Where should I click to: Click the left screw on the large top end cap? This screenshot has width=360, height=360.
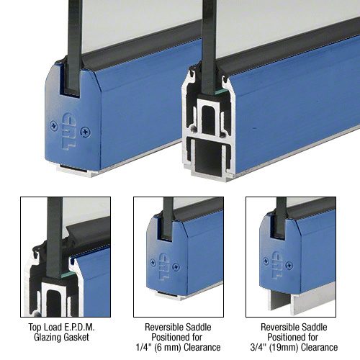[x=54, y=126]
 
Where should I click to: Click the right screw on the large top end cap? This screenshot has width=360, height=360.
[x=86, y=132]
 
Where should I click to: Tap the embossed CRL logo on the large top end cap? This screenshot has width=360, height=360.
[x=69, y=131]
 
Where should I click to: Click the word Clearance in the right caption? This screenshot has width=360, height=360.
[x=320, y=347]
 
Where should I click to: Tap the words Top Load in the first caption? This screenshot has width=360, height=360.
[x=45, y=327]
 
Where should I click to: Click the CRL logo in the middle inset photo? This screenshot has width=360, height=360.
[x=164, y=266]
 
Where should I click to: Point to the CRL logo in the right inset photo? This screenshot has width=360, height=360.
[x=277, y=265]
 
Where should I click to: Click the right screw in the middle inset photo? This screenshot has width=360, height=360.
[x=176, y=267]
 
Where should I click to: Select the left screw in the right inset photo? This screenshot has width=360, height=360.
[x=266, y=261]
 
